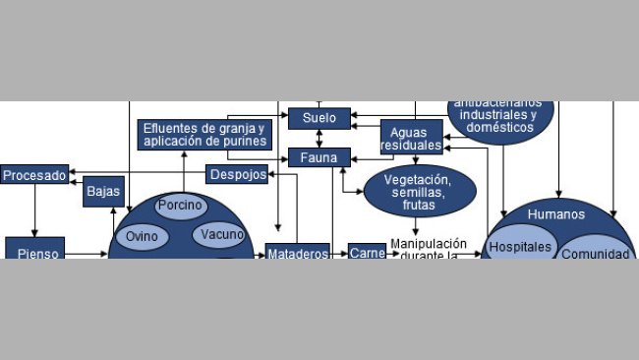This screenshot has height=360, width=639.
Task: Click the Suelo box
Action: (x=319, y=118)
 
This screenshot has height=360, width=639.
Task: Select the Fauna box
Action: (x=319, y=157)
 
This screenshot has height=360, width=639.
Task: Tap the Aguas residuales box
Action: (x=411, y=138)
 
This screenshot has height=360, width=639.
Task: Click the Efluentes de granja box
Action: (x=204, y=135)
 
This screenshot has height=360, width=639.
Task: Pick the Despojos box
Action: (x=236, y=174)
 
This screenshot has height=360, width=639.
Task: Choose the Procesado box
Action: (x=34, y=175)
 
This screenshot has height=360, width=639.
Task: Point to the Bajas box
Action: (x=103, y=192)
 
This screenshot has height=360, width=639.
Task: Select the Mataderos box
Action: (x=297, y=252)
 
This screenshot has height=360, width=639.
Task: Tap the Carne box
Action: (x=367, y=252)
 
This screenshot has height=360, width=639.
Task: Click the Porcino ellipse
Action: (x=181, y=207)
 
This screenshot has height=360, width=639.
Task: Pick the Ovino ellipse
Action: (x=143, y=237)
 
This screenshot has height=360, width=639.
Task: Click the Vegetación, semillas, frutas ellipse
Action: (x=420, y=191)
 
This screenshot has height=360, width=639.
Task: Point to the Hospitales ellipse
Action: (x=520, y=247)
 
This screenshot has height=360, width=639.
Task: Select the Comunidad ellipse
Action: (x=594, y=252)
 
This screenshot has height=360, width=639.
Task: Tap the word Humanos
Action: (x=555, y=214)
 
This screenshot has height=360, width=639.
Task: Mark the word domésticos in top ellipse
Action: (x=501, y=128)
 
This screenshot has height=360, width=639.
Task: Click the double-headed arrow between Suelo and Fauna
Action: (x=319, y=138)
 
